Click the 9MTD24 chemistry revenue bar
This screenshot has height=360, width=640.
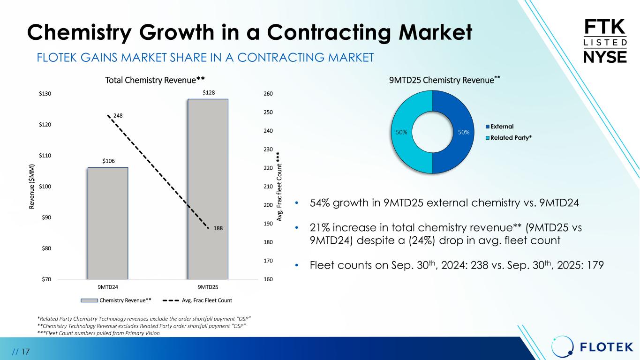coord(107,223)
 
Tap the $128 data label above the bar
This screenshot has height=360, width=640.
coord(209,93)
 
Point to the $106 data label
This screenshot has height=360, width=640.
coord(109,161)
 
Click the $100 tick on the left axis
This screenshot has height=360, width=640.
coord(45,187)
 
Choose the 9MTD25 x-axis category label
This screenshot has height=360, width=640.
coord(208,287)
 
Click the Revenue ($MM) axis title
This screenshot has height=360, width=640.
coord(31,187)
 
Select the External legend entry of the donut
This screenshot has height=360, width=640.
coord(499,127)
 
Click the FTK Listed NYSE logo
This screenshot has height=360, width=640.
coord(604,41)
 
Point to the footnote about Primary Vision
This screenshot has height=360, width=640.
coord(98,333)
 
